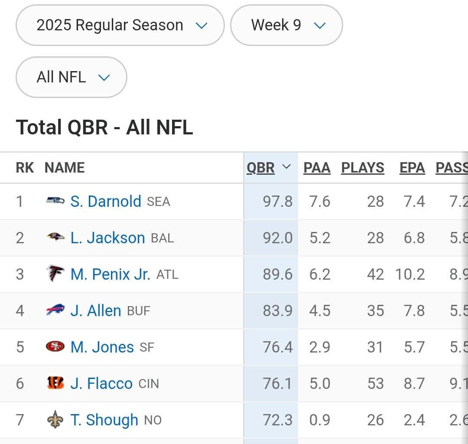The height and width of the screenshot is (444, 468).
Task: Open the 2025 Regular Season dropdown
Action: click(x=120, y=25)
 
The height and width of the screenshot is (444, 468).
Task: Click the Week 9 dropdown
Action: click(x=286, y=25)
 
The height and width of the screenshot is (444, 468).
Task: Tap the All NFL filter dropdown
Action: click(x=71, y=77)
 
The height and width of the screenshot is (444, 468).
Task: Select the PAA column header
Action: click(x=317, y=168)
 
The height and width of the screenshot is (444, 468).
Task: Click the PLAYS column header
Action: click(x=363, y=168)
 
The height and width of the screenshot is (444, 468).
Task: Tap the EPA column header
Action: click(x=412, y=168)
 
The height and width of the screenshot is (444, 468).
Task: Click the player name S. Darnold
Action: click(x=106, y=202)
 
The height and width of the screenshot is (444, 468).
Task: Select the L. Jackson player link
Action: click(x=107, y=238)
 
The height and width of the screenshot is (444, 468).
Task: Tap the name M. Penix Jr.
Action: click(x=110, y=274)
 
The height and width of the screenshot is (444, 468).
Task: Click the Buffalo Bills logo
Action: click(x=55, y=310)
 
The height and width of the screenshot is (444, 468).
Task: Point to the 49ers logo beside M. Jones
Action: click(x=55, y=347)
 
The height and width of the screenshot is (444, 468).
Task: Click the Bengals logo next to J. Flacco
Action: click(x=55, y=383)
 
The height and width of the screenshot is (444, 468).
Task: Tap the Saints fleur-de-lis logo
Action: click(x=55, y=420)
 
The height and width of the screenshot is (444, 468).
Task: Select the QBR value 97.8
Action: click(x=277, y=202)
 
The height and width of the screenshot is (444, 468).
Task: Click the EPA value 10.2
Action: click(x=410, y=274)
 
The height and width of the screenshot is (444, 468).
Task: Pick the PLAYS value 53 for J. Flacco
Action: click(x=375, y=384)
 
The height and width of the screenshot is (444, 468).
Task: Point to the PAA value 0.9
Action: click(x=320, y=420)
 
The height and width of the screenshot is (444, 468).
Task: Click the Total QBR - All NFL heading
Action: click(x=104, y=128)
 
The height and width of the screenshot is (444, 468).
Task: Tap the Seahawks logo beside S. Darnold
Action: click(x=55, y=201)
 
